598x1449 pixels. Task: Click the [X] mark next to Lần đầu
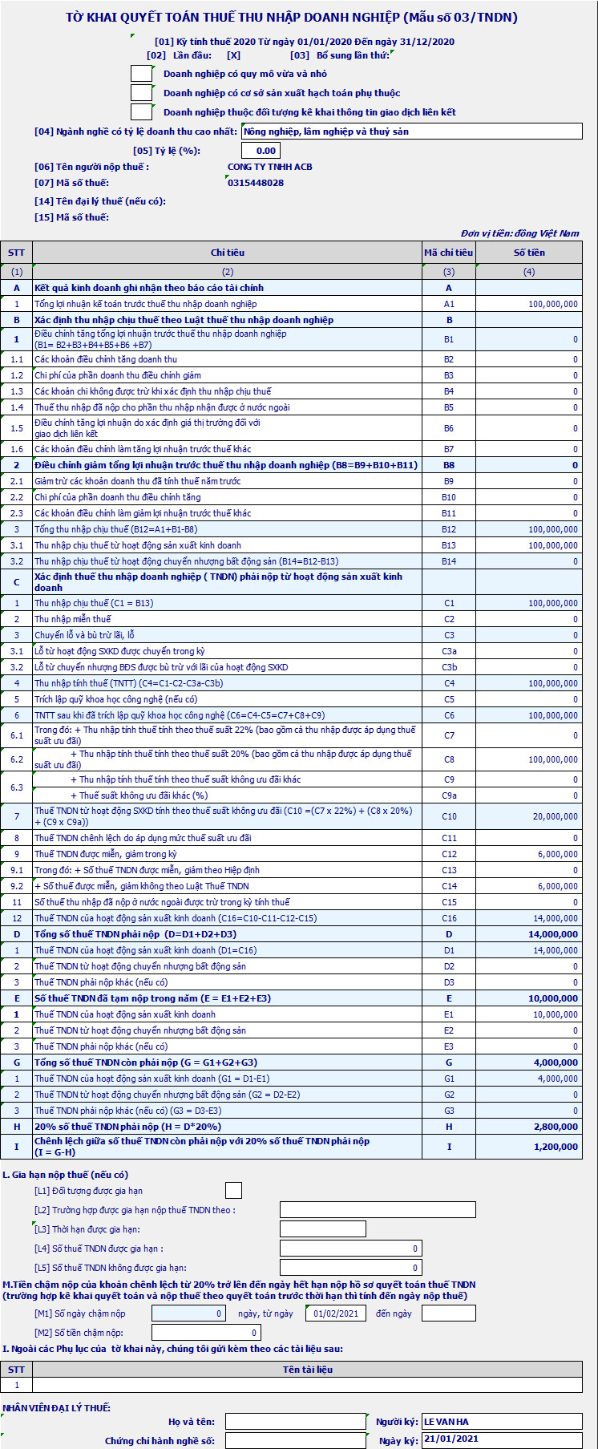pyautogui.click(x=233, y=55)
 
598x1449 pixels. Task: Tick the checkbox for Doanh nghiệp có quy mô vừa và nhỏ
pyautogui.click(x=141, y=74)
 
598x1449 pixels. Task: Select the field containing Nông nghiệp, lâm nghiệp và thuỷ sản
pyautogui.click(x=411, y=132)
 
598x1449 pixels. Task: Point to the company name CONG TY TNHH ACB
pyautogui.click(x=270, y=167)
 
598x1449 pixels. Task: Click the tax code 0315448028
pyautogui.click(x=256, y=183)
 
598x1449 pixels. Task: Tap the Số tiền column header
pyautogui.click(x=529, y=253)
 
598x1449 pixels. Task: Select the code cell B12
pyautogui.click(x=449, y=529)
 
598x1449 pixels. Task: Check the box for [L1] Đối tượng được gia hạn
pyautogui.click(x=233, y=1191)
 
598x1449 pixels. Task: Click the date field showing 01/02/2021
pyautogui.click(x=336, y=1313)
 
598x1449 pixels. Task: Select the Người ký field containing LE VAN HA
pyautogui.click(x=501, y=1422)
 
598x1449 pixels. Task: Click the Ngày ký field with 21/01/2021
pyautogui.click(x=501, y=1439)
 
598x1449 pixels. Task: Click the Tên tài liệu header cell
pyautogui.click(x=307, y=1370)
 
